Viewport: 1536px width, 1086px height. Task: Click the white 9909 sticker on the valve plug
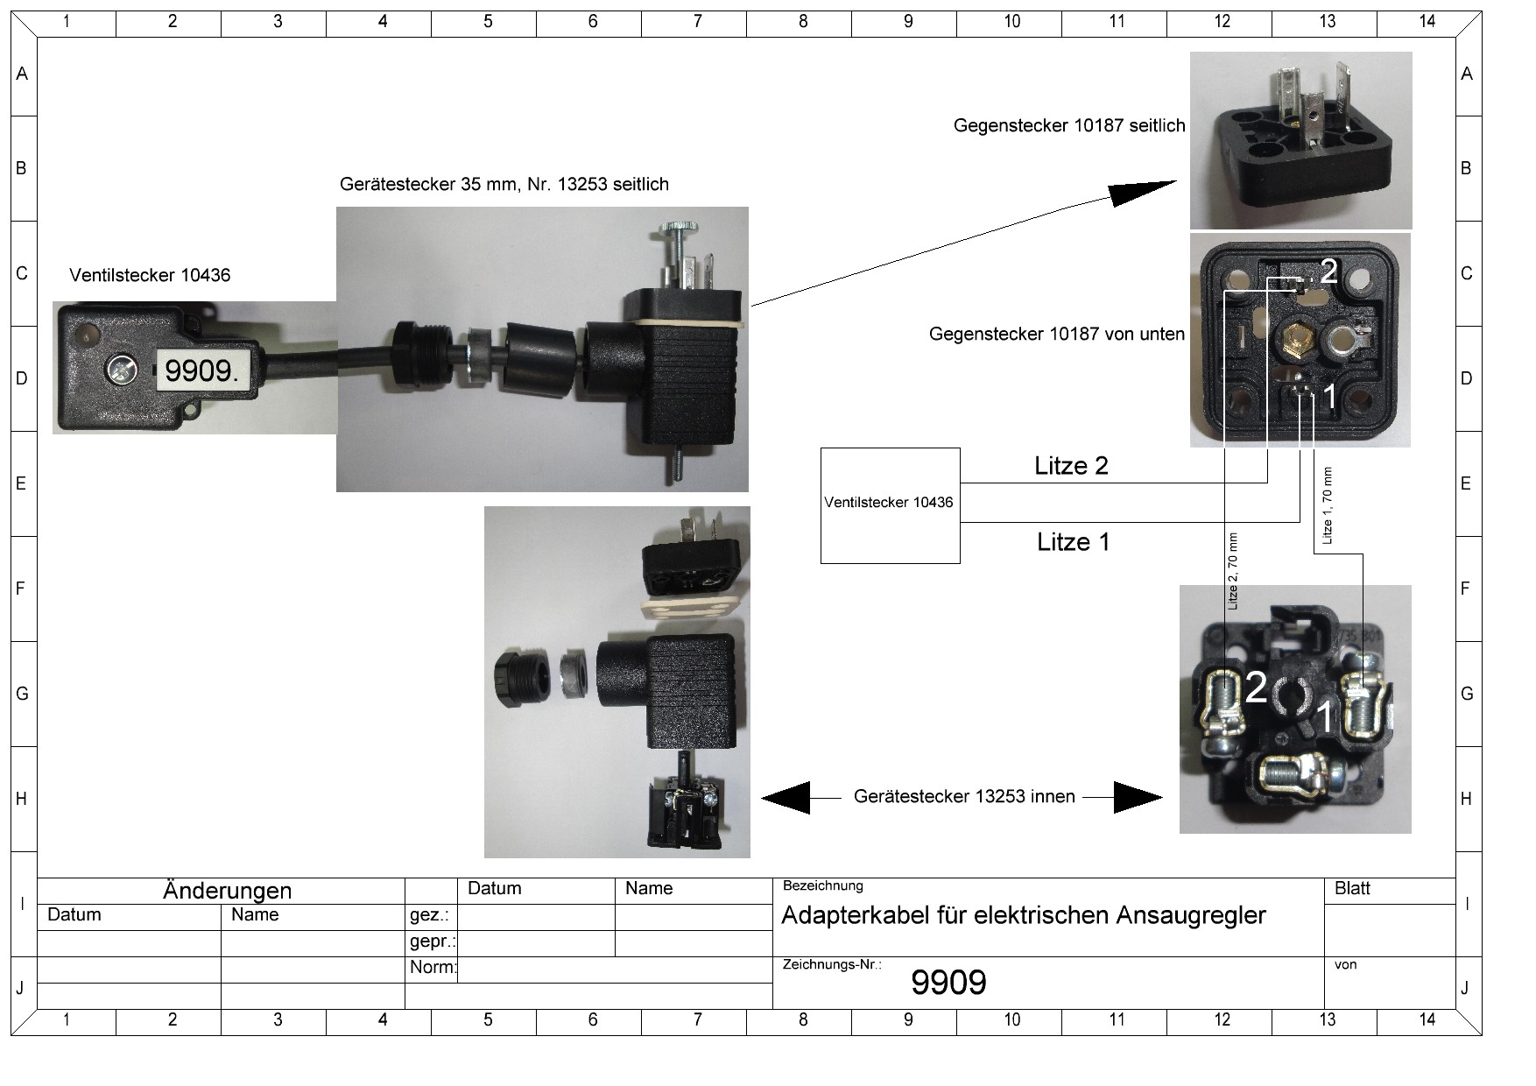coord(201,370)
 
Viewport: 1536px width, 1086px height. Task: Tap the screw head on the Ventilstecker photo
coord(121,370)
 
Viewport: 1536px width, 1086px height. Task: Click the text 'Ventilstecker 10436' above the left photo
coord(150,275)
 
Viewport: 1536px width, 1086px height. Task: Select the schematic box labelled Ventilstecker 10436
coord(890,504)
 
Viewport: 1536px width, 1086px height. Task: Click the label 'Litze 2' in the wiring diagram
coord(1071,466)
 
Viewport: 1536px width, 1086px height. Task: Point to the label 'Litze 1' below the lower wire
coord(1073,542)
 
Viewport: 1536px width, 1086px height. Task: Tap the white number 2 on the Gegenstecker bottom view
coord(1328,271)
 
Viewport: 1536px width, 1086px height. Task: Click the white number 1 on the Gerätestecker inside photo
coord(1325,717)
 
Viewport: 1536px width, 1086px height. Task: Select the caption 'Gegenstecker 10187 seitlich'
coord(1068,126)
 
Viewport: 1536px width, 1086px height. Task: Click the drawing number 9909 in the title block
coord(948,983)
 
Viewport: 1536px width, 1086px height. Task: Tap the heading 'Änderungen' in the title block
coord(227,891)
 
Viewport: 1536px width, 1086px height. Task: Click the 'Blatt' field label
coord(1351,889)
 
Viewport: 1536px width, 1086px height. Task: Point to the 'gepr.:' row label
coord(433,941)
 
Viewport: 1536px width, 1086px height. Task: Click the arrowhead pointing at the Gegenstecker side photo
coord(1138,192)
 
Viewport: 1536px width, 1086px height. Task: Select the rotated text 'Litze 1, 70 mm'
coord(1327,505)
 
